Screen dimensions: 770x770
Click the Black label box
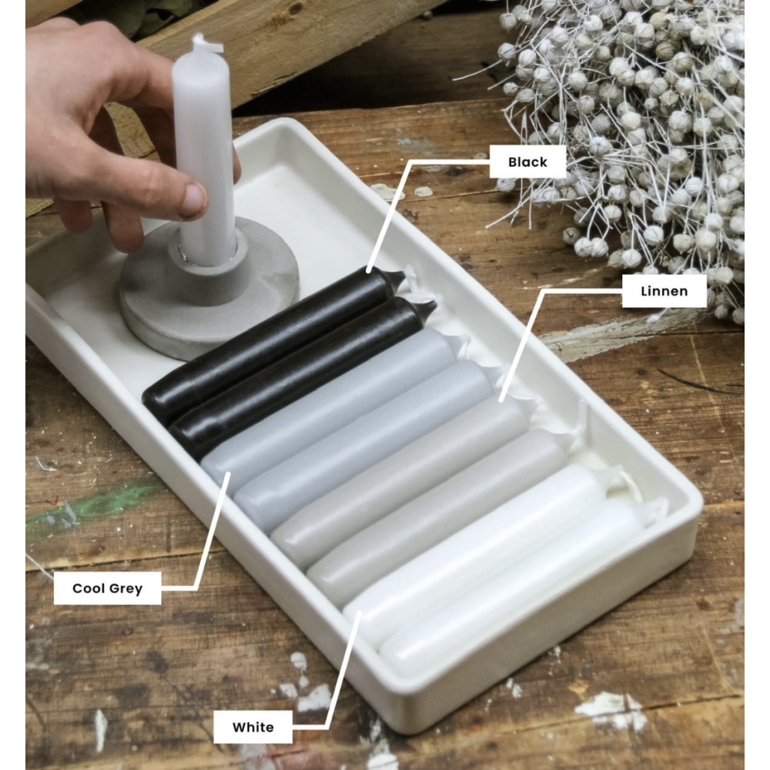pos(528,162)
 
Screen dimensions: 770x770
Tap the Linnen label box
pos(664,291)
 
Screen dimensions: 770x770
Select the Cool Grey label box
pos(108,588)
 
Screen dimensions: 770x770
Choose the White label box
pos(253,727)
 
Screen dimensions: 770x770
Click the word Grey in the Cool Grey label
pos(126,588)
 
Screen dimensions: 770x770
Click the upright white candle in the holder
pos(203,152)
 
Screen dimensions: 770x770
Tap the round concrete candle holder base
pos(209,290)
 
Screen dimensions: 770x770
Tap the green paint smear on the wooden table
pos(93,506)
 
